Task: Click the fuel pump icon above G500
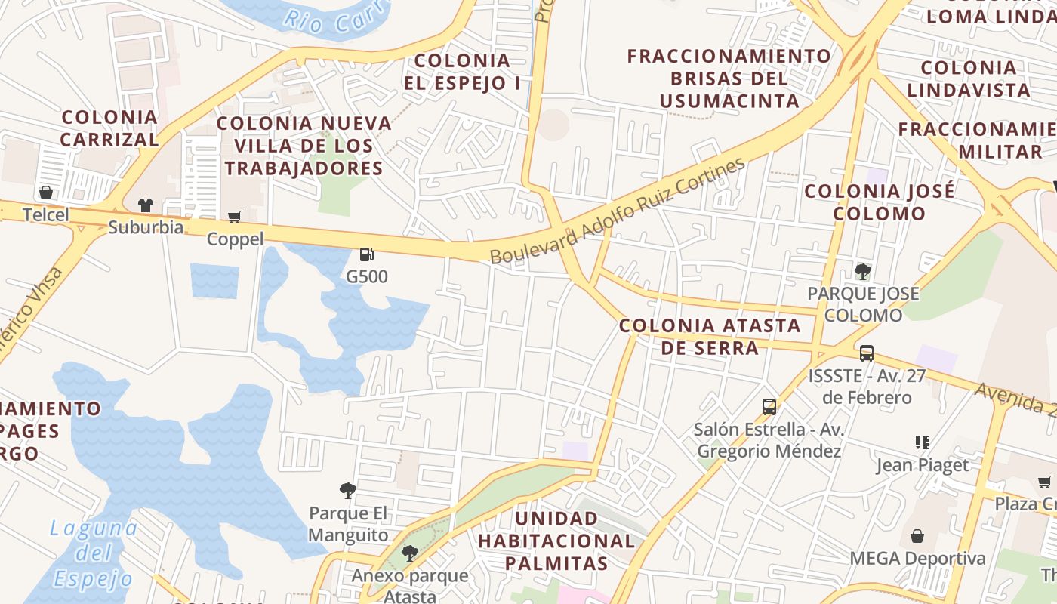(x=367, y=254)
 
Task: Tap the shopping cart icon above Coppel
(x=235, y=217)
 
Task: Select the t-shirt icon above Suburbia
(x=146, y=205)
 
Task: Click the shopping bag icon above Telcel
(x=46, y=193)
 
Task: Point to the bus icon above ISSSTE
(x=867, y=353)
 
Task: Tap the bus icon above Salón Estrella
(x=769, y=407)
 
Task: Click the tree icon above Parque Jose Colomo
(x=862, y=271)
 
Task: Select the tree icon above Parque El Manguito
(x=348, y=492)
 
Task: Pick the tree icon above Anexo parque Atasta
(x=410, y=553)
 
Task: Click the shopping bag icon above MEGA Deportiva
(x=917, y=536)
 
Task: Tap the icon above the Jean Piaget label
(x=922, y=442)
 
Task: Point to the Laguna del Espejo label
(x=93, y=553)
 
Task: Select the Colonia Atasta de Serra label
(x=710, y=337)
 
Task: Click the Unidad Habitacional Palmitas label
(x=556, y=541)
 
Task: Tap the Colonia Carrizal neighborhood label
(x=110, y=128)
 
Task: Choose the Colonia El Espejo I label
(x=462, y=72)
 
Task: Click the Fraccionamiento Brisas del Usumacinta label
(x=729, y=79)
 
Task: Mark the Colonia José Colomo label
(x=879, y=202)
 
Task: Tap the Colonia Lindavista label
(x=969, y=79)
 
